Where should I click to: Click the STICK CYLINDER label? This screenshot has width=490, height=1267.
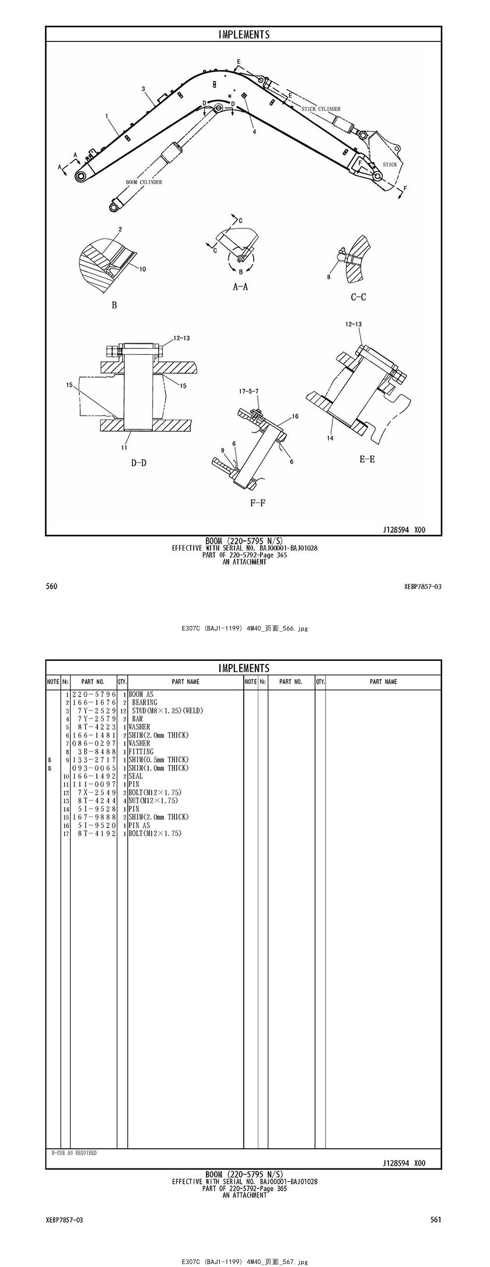(x=321, y=109)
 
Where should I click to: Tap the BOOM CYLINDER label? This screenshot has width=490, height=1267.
(x=144, y=182)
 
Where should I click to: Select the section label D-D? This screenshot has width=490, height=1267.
(x=138, y=463)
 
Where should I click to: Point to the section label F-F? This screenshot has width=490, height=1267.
(x=258, y=502)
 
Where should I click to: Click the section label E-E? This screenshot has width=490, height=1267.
(x=367, y=459)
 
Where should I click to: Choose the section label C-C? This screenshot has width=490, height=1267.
(x=358, y=297)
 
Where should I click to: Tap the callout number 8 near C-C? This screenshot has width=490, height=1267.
(x=328, y=277)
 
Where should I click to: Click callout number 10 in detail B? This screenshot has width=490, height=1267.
(x=143, y=269)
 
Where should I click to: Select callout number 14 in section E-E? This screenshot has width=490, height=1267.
(x=330, y=438)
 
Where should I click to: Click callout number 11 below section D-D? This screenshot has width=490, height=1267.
(x=124, y=448)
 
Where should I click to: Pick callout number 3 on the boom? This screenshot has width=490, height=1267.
(x=143, y=89)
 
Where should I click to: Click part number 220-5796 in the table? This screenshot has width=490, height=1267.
(x=94, y=695)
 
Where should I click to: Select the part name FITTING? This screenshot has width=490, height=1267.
(x=139, y=752)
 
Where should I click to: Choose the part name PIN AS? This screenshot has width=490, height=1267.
(x=139, y=825)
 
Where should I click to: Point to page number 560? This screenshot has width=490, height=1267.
(x=51, y=586)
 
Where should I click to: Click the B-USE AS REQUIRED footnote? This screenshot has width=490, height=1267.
(x=74, y=1153)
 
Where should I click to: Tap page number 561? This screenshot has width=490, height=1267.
(x=436, y=1220)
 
